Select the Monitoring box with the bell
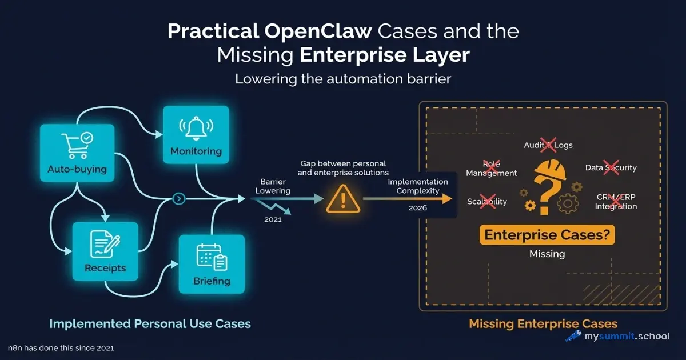point(196,135)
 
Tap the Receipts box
point(105,251)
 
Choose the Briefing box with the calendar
point(212,263)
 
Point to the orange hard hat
point(550,171)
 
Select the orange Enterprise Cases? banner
point(547,235)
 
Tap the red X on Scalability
point(487,201)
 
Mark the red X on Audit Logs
point(548,145)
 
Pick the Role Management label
point(491,169)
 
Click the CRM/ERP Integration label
point(615,201)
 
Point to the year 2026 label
point(417,208)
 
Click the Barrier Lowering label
point(273,186)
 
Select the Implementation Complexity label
point(418,186)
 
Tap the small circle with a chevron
point(179,199)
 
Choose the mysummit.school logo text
point(627,336)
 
